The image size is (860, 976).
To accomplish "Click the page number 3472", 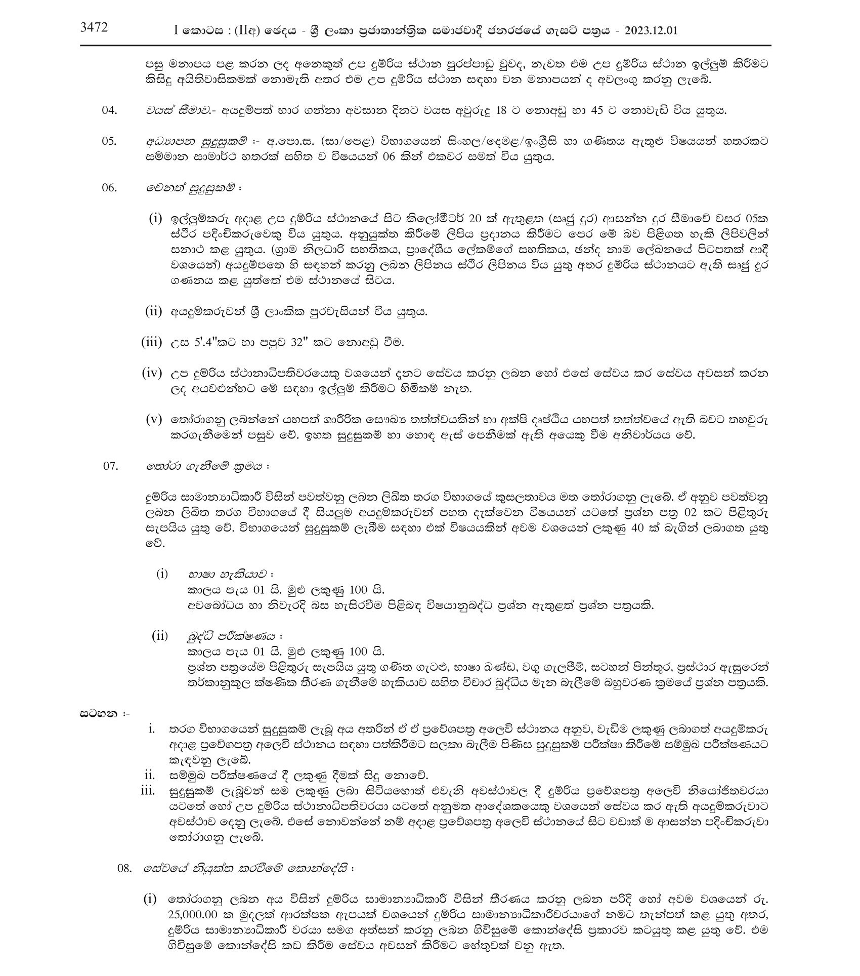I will click(x=94, y=28).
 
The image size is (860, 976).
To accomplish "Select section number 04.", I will click(x=109, y=110).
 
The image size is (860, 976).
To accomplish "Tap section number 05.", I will click(x=109, y=141).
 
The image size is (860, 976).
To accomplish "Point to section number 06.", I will click(x=109, y=187).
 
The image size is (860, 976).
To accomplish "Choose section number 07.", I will click(x=110, y=466).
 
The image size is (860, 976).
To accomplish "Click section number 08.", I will click(x=124, y=868).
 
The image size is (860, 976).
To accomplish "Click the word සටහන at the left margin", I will click(x=100, y=714).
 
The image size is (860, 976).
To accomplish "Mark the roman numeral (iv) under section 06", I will click(x=152, y=374).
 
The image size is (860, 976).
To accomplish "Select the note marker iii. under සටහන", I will click(x=148, y=791).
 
